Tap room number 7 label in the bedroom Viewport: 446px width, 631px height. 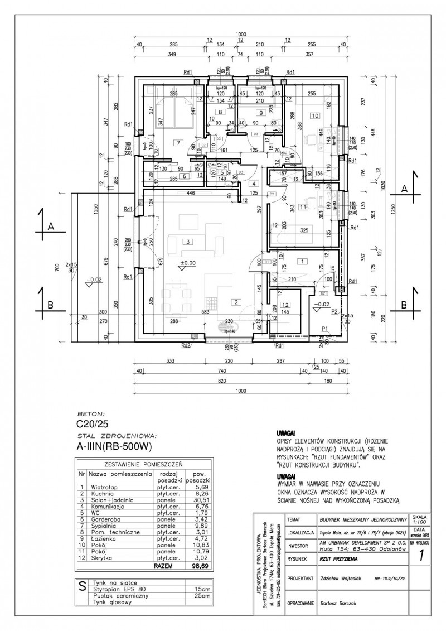178,143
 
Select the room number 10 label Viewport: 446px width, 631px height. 315,115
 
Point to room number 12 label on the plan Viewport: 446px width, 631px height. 285,305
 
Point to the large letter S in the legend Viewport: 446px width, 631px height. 83,586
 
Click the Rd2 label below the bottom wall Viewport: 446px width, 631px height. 186,345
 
